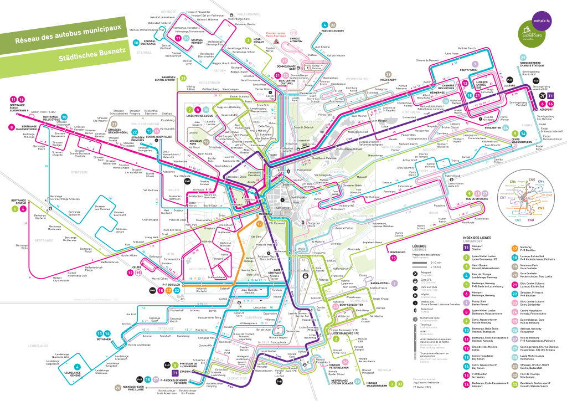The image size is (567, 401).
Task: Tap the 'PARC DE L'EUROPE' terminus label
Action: [x=332, y=32]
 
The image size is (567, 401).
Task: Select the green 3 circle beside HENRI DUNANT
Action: [x=249, y=40]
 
